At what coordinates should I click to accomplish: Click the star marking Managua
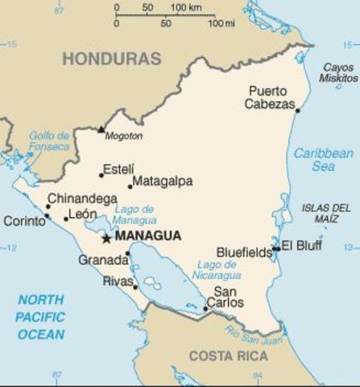click(106, 238)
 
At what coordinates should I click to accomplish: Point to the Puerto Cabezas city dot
click(297, 110)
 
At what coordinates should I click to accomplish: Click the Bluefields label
click(245, 252)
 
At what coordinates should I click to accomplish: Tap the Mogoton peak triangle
click(101, 129)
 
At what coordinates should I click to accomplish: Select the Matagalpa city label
click(163, 181)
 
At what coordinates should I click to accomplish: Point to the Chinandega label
click(82, 198)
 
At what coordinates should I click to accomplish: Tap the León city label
click(83, 214)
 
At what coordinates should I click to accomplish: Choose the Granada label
click(103, 260)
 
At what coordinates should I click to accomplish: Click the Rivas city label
click(118, 281)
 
